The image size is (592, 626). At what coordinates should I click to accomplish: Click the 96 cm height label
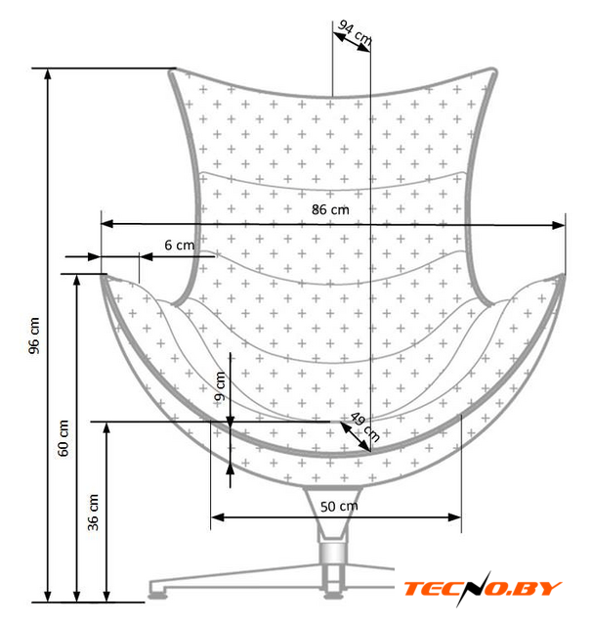coord(35,335)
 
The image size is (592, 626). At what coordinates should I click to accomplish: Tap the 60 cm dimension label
coord(63,438)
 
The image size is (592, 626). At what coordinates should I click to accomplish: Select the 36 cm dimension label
coord(93,513)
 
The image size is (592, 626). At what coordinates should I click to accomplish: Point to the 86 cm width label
coord(330,209)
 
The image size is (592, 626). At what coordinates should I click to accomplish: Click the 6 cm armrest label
coord(180,245)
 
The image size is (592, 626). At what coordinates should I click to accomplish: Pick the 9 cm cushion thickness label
coord(220,386)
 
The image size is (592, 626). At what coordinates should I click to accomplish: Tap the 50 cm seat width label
coord(339,507)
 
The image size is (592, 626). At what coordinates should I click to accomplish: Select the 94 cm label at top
coord(355,32)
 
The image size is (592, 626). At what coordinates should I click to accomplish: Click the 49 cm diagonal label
coord(365,427)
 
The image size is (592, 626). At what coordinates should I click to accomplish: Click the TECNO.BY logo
coord(483,589)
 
